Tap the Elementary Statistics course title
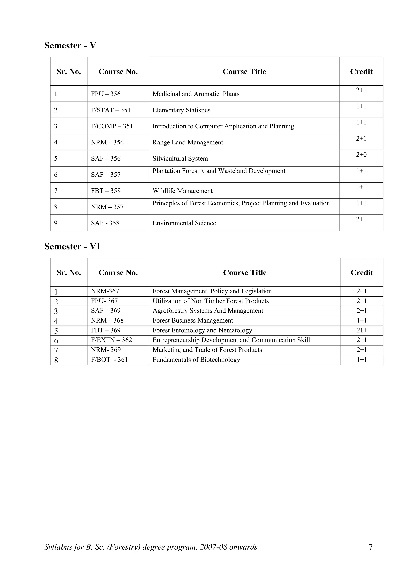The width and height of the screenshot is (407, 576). point(181,110)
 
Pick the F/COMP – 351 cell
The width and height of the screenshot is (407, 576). point(112,126)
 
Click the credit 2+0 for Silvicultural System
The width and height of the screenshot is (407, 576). point(361,155)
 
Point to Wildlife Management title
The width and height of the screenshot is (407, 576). point(183,191)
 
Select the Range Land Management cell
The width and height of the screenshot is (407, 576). point(188,143)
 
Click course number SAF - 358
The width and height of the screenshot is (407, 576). point(105,223)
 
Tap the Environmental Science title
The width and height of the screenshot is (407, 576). point(184,223)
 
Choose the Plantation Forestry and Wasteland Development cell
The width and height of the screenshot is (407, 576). point(219,171)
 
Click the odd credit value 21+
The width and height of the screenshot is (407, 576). point(362,330)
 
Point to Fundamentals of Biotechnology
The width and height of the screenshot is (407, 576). point(196,360)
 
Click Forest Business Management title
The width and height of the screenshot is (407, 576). point(193,321)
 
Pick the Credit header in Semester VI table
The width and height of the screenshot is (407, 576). point(362,273)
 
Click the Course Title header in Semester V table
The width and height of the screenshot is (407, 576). point(244,72)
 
